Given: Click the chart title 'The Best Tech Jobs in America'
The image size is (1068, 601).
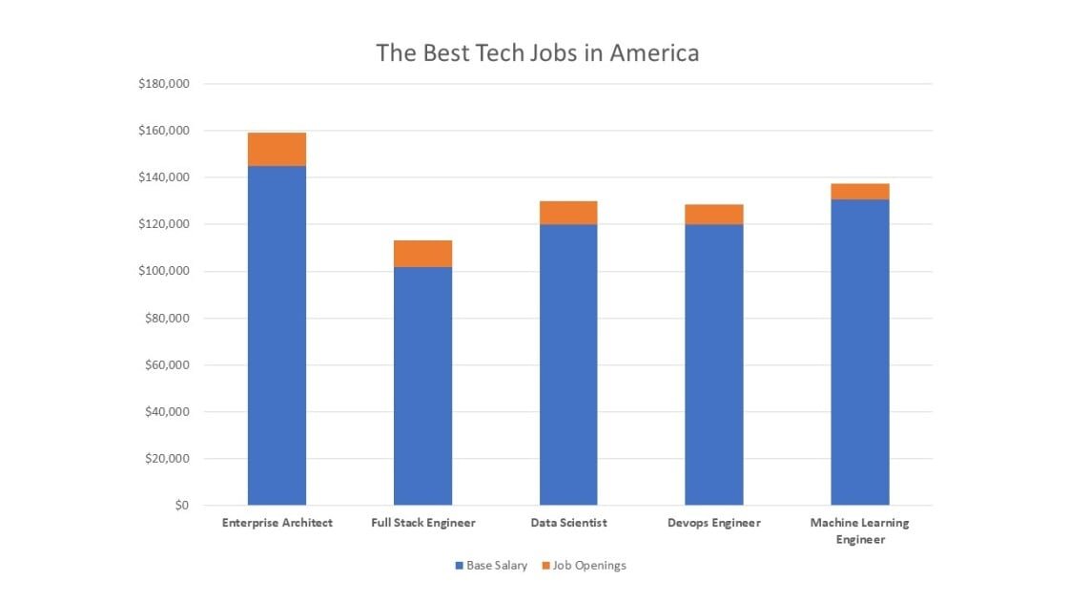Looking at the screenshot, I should coord(537,52).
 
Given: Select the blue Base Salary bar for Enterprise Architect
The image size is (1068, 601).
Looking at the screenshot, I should coord(277,335).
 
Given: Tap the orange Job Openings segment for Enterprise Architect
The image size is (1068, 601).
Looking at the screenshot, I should coord(277,150).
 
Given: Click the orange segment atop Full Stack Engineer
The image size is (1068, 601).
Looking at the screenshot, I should coord(422,254).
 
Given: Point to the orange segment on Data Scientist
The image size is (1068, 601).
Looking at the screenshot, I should coord(568,213).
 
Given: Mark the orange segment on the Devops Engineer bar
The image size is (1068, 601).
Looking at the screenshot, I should coord(714,215).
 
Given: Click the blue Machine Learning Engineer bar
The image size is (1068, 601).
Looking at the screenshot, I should coord(859,352).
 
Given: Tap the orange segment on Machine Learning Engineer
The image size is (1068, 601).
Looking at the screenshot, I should coord(859,192).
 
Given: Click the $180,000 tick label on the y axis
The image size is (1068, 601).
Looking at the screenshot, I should coord(164,84).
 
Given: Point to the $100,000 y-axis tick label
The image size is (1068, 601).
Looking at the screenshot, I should coord(164,271).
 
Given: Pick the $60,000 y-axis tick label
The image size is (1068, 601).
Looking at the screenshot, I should coord(167,365).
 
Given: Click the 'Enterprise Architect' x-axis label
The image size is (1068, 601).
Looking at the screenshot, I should coord(277,523).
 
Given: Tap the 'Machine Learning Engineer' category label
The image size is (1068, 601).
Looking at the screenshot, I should coord(859,530).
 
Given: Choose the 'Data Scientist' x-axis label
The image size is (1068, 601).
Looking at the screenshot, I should coord(568,523).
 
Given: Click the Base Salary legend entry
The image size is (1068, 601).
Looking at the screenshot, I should coord(491,566).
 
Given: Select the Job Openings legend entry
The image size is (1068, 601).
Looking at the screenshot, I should coord(584,566).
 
